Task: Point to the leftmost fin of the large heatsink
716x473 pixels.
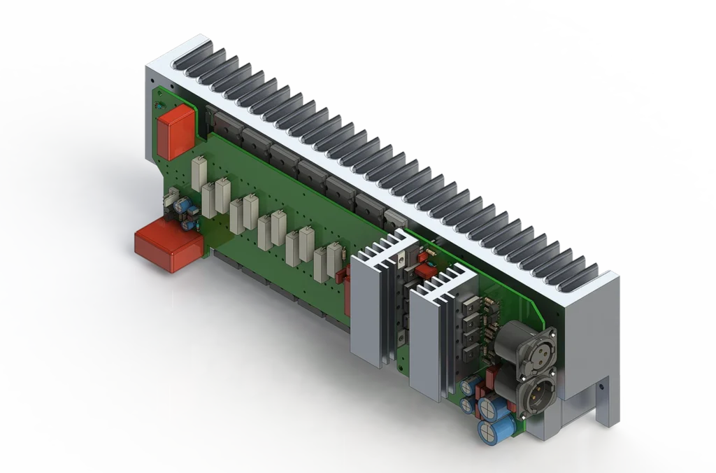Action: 193,53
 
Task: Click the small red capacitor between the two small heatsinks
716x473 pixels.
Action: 424,270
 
